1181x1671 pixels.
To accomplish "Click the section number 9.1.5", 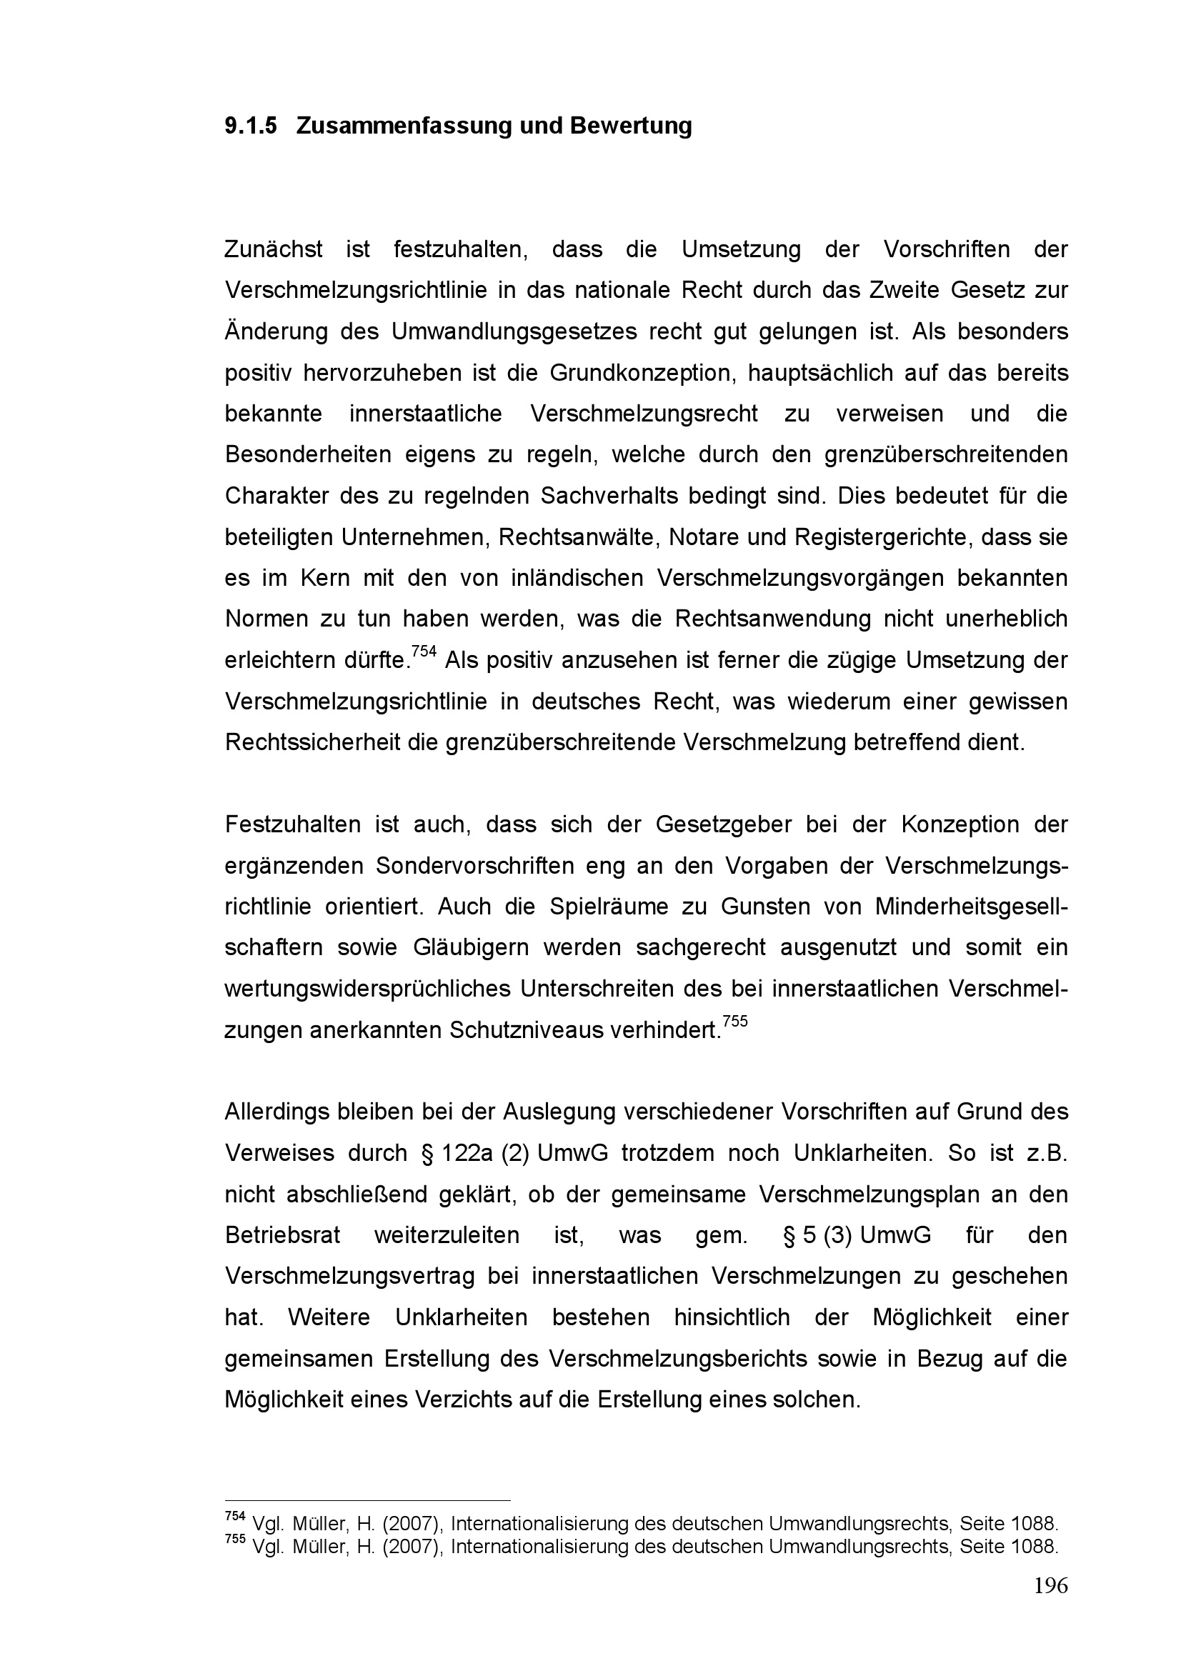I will pyautogui.click(x=250, y=126).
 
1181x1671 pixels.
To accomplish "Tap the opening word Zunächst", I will pyautogui.click(x=273, y=249).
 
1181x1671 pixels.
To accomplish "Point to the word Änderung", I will pyautogui.click(x=276, y=331).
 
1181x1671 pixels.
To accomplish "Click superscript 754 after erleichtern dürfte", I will pyautogui.click(x=424, y=652).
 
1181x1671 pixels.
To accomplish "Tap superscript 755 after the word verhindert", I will pyautogui.click(x=736, y=1021).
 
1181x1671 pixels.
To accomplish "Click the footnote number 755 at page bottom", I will pyautogui.click(x=234, y=1539).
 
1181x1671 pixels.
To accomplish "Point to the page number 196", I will pyautogui.click(x=1051, y=1585).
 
